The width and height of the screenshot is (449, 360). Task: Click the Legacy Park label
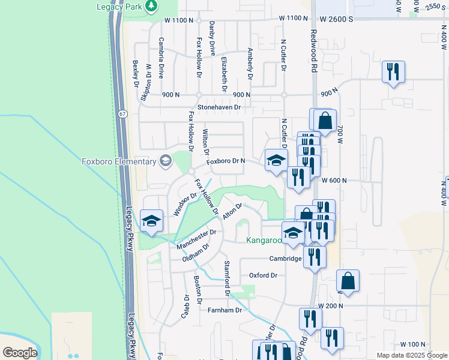pos(122,6)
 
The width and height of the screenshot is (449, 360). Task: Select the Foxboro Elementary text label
pos(119,161)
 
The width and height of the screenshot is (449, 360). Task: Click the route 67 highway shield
pos(122,114)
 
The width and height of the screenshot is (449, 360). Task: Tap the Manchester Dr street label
pos(196,239)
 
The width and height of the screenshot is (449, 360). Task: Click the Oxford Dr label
pos(263,275)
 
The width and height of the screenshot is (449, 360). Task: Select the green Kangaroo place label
pos(264,241)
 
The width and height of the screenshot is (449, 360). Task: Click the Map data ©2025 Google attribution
pos(411,355)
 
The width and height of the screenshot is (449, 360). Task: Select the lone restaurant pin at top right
pos(393,73)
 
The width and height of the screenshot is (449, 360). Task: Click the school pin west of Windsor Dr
pos(152,221)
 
